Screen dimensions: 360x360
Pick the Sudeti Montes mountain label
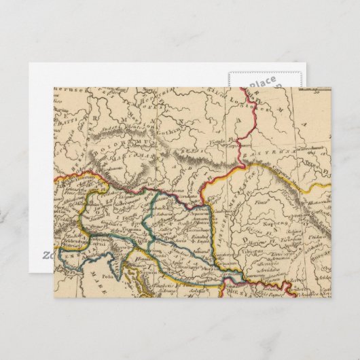tap(129, 136)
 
